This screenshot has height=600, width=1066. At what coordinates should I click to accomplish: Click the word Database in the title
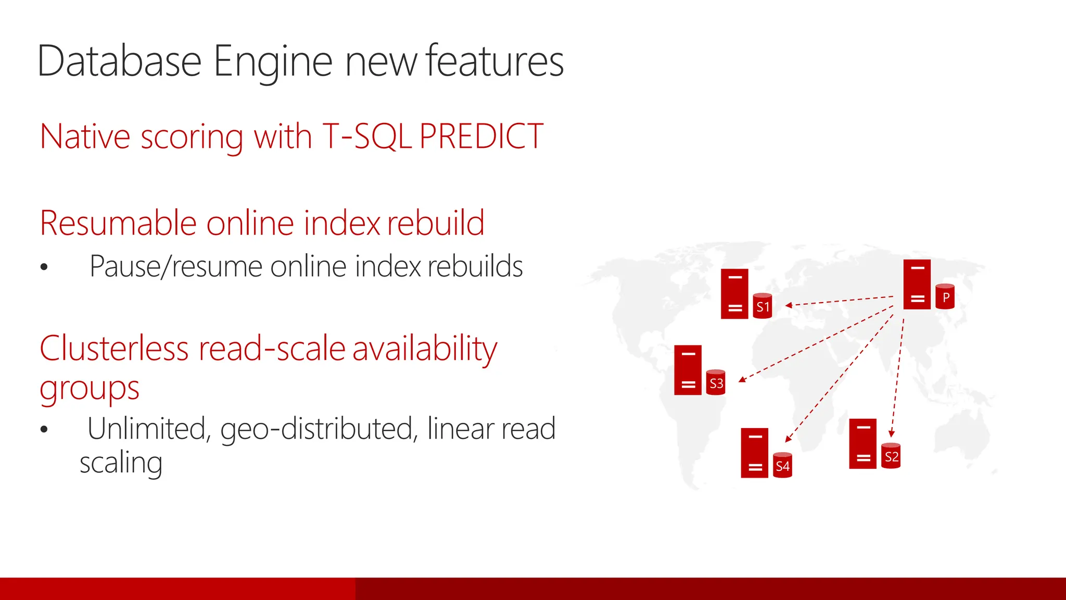pos(119,61)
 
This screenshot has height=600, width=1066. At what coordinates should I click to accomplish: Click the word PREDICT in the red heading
pos(481,137)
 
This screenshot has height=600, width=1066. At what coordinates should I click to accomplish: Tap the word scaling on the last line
pos(121,463)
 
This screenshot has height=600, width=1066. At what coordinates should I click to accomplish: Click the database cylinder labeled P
pos(945,297)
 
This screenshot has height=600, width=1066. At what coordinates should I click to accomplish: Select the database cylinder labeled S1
pos(763,306)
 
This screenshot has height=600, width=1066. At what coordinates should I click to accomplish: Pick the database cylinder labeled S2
pos(891,456)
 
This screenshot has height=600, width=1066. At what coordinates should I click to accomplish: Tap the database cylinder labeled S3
pos(716,383)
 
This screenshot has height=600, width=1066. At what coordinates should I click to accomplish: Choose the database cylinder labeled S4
pos(782,466)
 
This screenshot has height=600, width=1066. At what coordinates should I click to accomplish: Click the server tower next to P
pos(917,284)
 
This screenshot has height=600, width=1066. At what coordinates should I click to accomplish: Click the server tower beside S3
pos(688,370)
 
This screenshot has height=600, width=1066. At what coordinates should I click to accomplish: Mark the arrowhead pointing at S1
pos(789,305)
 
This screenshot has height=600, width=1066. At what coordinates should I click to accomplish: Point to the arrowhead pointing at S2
pos(891,433)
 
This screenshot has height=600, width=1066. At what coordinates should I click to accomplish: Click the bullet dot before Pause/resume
pos(44,267)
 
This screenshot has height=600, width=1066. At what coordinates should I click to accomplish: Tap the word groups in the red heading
pos(90,389)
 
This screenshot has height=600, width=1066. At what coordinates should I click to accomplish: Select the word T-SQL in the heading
pos(367,137)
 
